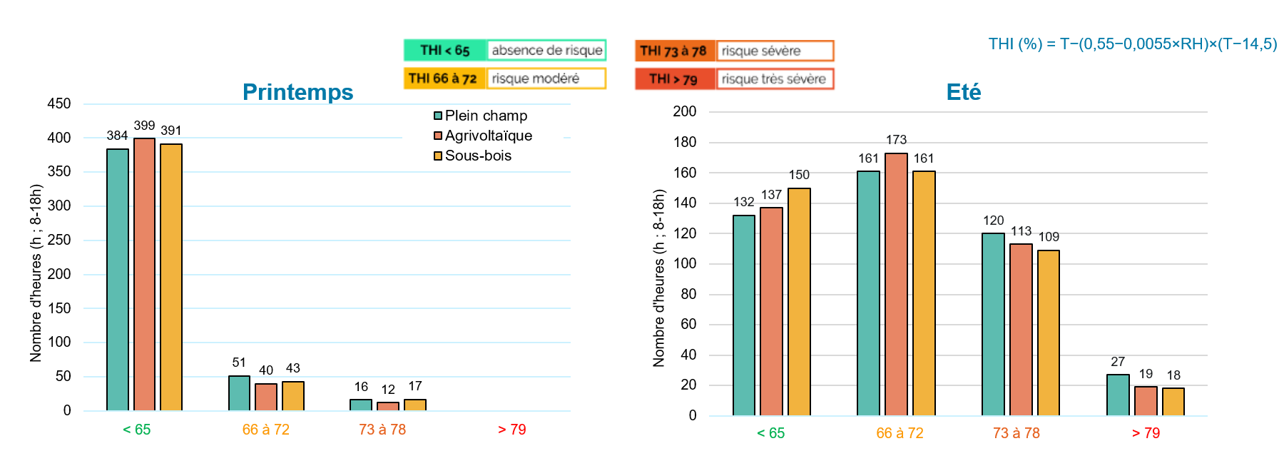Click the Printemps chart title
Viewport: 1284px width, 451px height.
tap(297, 92)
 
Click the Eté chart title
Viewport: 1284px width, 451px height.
tap(963, 92)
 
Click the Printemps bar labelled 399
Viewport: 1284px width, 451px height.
tap(144, 274)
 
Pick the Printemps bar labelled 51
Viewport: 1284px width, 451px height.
tap(239, 393)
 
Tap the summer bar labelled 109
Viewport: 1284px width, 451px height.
tap(1049, 333)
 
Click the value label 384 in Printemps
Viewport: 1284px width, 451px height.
tap(117, 136)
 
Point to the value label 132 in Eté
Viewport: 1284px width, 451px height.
tap(744, 202)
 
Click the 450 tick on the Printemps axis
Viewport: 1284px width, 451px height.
tap(59, 104)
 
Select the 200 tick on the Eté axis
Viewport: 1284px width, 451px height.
tap(684, 111)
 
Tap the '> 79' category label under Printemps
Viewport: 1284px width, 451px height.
tap(511, 430)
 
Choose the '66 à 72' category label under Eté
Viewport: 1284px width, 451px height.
tap(900, 433)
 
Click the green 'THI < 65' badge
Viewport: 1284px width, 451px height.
tap(445, 50)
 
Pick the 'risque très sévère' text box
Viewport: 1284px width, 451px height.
tap(774, 78)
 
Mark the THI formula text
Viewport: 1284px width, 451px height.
tap(1132, 44)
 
